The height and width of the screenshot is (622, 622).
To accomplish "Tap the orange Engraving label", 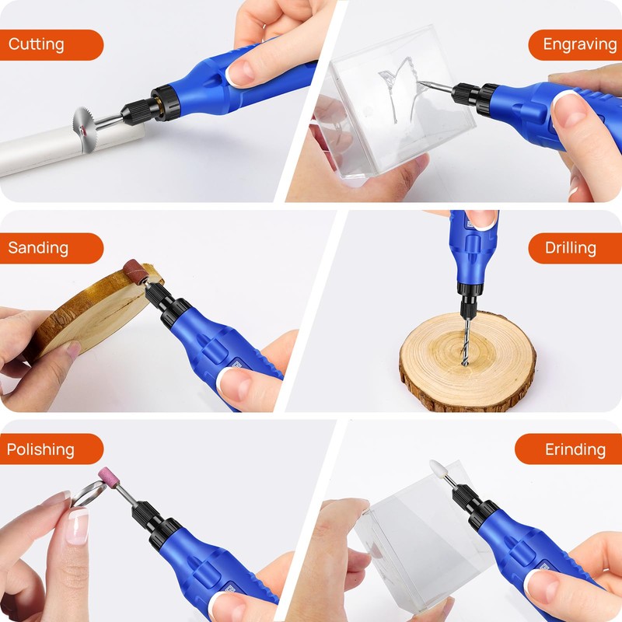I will [574, 45].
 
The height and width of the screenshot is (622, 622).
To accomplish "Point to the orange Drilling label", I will [574, 249].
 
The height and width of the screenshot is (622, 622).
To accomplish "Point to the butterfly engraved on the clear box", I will [397, 93].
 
